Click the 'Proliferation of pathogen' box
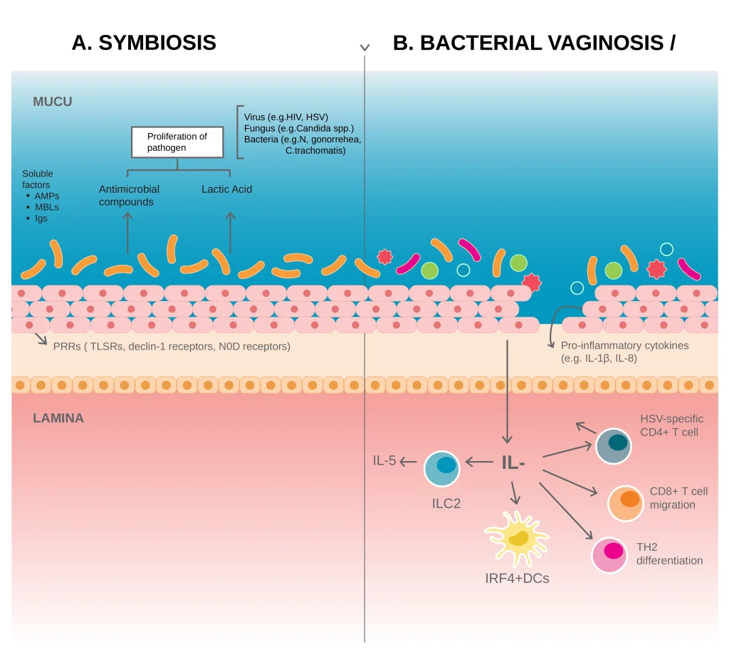177,142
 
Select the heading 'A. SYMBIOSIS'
144,43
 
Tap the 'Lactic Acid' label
226,189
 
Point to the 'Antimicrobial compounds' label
129,195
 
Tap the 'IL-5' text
384,460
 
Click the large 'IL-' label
513,463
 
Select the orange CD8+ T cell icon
626,502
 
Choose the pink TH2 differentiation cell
610,555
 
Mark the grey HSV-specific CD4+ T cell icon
614,446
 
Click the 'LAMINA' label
58,418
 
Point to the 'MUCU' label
53,102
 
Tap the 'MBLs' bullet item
46,207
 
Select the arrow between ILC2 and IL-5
408,462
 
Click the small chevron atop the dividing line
364,48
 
